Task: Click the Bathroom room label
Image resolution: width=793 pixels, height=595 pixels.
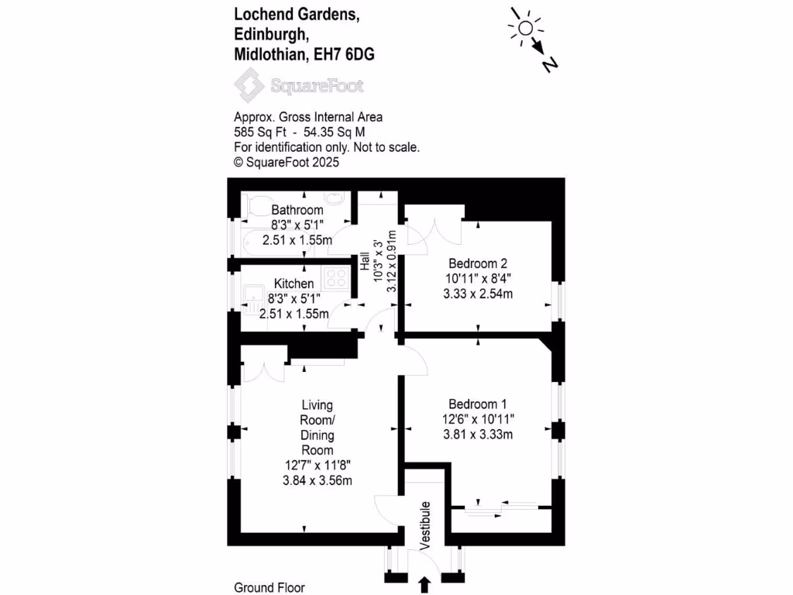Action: tap(297, 210)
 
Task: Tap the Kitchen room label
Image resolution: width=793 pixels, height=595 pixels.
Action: tap(294, 284)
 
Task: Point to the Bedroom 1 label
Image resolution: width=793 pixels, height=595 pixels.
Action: tap(477, 404)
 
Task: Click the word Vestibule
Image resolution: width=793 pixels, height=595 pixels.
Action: tap(424, 526)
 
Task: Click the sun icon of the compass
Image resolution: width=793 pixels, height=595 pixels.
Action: tap(525, 28)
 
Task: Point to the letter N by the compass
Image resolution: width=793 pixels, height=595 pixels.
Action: tap(551, 65)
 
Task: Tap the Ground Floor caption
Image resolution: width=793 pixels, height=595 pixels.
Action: tap(268, 587)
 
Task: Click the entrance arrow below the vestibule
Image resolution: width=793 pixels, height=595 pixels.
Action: tap(424, 583)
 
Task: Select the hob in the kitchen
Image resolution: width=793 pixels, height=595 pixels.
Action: tap(338, 277)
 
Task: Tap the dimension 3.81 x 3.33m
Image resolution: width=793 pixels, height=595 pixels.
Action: tap(478, 434)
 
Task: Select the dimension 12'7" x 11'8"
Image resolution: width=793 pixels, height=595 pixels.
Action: tap(318, 465)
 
